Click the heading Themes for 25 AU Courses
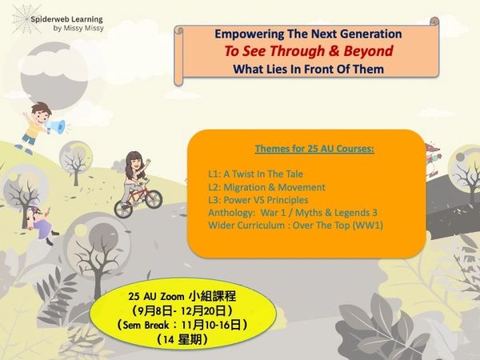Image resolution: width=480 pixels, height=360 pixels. (314, 149)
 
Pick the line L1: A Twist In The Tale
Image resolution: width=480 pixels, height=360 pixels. (256, 174)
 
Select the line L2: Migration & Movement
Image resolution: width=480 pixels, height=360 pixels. (266, 187)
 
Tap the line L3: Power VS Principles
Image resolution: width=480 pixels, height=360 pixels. (258, 200)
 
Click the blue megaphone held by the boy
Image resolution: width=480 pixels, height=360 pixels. (56, 126)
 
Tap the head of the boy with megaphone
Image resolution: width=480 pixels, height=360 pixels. (41, 112)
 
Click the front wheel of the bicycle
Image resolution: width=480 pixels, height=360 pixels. (154, 199)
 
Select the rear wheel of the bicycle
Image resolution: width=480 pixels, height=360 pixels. (123, 209)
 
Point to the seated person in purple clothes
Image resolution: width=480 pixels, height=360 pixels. (41, 222)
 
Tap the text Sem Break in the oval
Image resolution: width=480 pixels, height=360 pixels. (146, 325)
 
